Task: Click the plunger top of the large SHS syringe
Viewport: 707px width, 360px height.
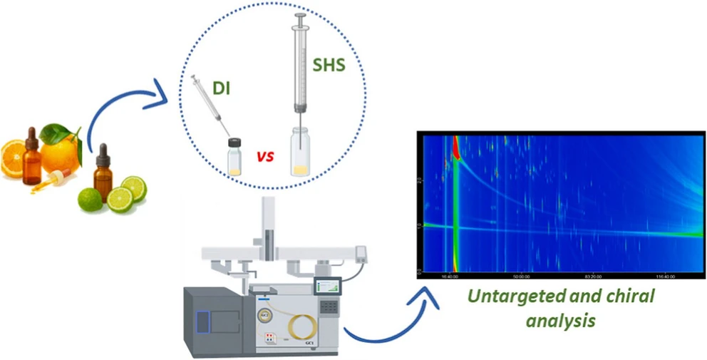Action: (301, 16)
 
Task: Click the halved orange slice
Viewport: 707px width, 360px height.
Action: (13, 156)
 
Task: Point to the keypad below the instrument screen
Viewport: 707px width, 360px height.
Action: (329, 307)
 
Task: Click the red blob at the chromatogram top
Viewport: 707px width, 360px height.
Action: (453, 147)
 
